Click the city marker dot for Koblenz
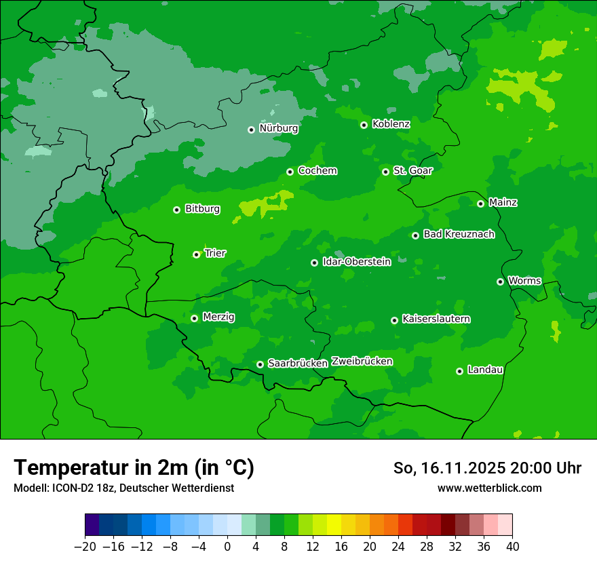[x=364, y=125]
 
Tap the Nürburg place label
[x=278, y=128]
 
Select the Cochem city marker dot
[x=290, y=172]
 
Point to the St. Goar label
[x=412, y=171]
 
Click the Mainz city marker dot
[x=480, y=203]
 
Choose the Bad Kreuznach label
[x=459, y=234]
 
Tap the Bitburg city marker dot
[x=176, y=210]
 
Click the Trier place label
[x=215, y=253]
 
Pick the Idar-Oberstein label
[x=356, y=262]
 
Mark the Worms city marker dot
[x=500, y=281]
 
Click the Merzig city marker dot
[x=194, y=318]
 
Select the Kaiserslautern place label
[x=436, y=319]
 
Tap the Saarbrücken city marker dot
[x=260, y=364]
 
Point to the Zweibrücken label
[x=362, y=362]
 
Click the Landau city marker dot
[x=459, y=371]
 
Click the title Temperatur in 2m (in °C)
[x=134, y=467]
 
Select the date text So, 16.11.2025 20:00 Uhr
[x=487, y=468]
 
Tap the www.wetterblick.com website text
[x=489, y=488]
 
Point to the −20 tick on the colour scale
[x=85, y=547]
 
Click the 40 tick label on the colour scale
[x=512, y=547]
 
